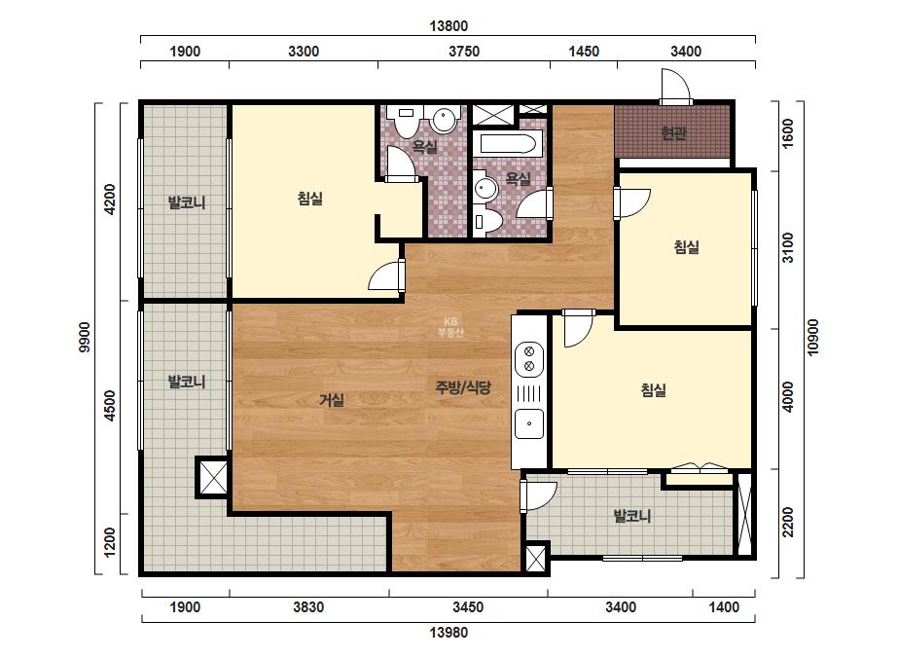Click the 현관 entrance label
(673, 133)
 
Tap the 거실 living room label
(332, 399)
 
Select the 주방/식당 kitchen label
(463, 387)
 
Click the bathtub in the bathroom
(511, 142)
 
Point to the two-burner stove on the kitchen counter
(529, 358)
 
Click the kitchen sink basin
(529, 424)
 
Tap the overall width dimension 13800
(449, 25)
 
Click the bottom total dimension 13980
(449, 633)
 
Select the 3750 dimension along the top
(464, 52)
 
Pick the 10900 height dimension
(813, 338)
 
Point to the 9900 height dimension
(85, 338)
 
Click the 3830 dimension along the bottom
(308, 607)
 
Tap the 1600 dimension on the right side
(788, 133)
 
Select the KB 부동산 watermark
(450, 327)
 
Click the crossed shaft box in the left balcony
(212, 477)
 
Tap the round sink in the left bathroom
(445, 120)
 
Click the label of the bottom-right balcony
(631, 516)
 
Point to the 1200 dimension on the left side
(109, 542)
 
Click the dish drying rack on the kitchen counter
(529, 393)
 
